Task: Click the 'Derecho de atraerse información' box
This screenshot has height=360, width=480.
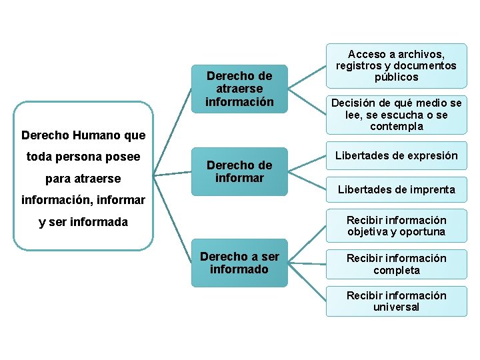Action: (239, 88)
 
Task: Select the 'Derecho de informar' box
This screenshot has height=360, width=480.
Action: (239, 171)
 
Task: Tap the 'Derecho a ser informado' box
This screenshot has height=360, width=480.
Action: (239, 263)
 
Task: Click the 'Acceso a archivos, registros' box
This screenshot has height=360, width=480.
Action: (396, 65)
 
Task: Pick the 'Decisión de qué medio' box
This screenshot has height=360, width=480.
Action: (396, 115)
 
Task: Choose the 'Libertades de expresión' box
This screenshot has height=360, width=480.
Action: (396, 156)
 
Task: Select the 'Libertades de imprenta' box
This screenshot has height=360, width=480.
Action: (396, 189)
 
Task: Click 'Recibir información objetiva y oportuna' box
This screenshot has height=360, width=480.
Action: (396, 226)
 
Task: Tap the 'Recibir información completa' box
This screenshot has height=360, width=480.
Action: (396, 264)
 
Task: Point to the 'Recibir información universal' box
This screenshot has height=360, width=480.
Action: (396, 301)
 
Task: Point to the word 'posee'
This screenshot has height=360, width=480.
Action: (124, 157)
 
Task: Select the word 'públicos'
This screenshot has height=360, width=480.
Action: (397, 77)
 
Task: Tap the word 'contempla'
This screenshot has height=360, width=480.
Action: (397, 127)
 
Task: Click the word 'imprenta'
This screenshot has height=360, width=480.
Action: (429, 189)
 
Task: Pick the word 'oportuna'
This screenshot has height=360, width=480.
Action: (423, 232)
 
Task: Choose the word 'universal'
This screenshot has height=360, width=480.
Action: (397, 307)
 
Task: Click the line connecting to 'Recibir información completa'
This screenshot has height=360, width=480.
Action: (307, 264)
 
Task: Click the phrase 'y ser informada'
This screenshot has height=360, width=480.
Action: (83, 222)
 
